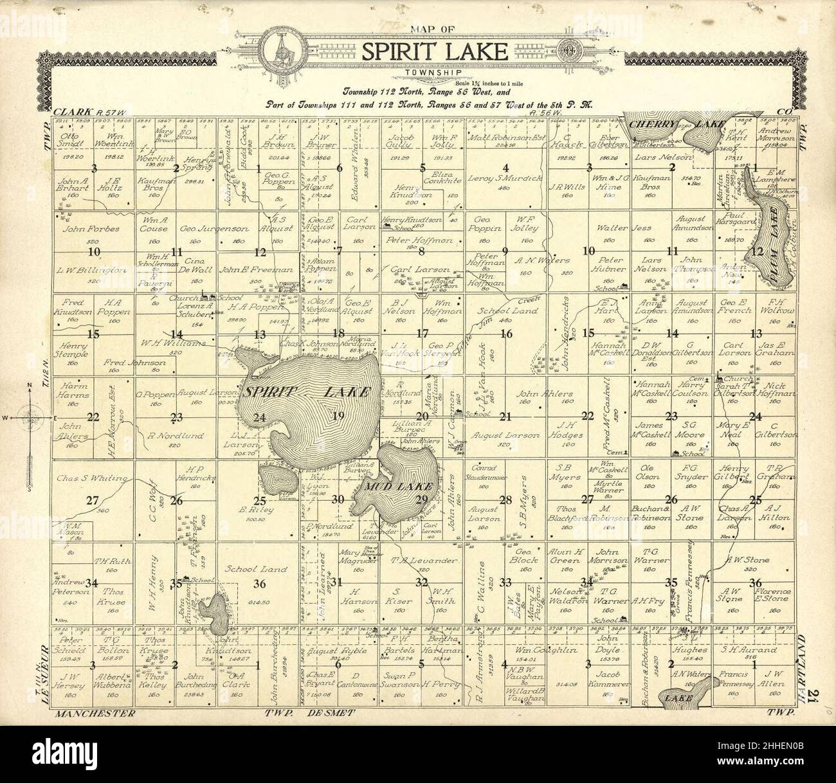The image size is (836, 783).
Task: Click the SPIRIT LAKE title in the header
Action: [x=435, y=52]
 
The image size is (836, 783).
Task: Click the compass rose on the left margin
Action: [x=30, y=417]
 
